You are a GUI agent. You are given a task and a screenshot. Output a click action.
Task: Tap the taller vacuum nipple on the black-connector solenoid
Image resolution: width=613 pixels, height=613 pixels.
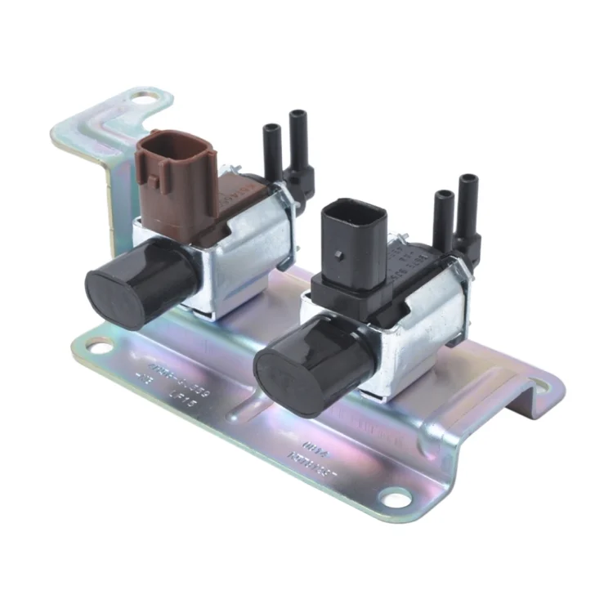[469, 208]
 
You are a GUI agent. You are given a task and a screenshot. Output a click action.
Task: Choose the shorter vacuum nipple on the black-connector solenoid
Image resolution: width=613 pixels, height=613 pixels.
[444, 217]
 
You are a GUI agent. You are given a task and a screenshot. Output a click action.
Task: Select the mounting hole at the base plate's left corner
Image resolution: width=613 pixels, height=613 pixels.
[96, 347]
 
